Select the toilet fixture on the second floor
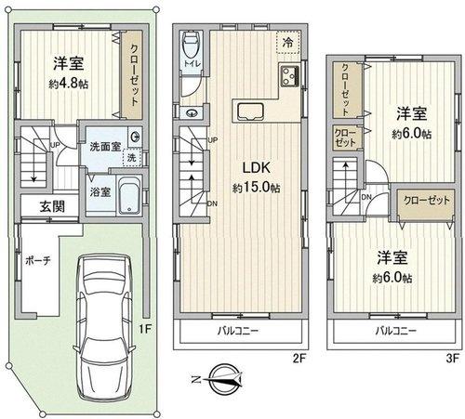point(191,47)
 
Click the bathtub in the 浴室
point(128,197)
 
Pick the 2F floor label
point(299,355)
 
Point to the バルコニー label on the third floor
point(395,330)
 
